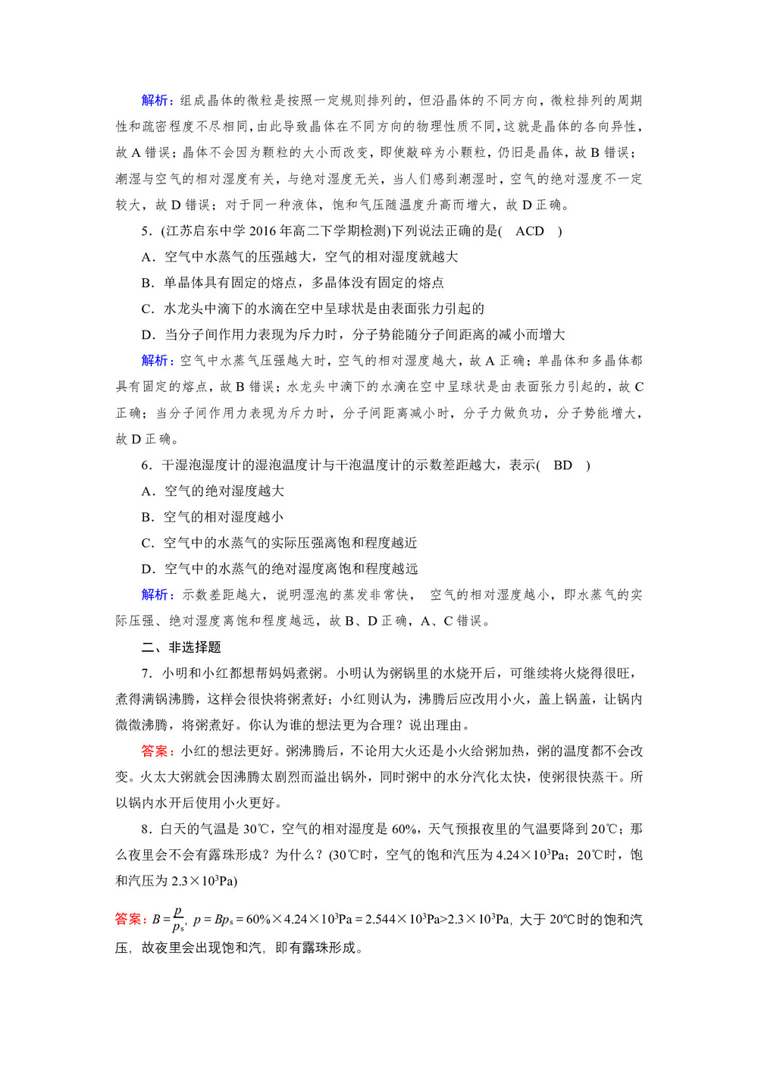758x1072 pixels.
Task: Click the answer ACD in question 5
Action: (x=530, y=231)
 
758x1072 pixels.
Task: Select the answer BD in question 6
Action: (x=562, y=465)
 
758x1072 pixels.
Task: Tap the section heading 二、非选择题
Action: (x=181, y=647)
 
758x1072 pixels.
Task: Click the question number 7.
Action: (x=146, y=673)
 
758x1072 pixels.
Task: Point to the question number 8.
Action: (x=146, y=829)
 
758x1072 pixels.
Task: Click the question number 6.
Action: (x=146, y=465)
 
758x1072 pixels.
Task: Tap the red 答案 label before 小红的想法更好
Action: (x=157, y=751)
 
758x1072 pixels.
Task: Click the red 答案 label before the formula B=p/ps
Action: (x=130, y=920)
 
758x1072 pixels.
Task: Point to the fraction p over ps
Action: (x=178, y=919)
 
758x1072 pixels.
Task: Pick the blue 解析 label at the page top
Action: (x=157, y=101)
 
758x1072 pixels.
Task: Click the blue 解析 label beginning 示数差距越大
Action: (x=157, y=595)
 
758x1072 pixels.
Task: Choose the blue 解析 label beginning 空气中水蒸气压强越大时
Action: (x=157, y=361)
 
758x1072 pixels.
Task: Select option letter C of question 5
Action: (x=147, y=309)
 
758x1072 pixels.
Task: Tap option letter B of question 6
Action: (x=147, y=517)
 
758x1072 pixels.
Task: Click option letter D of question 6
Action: (x=147, y=569)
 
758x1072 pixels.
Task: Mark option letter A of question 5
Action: (x=147, y=257)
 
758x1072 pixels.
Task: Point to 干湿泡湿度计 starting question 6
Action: (x=199, y=465)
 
